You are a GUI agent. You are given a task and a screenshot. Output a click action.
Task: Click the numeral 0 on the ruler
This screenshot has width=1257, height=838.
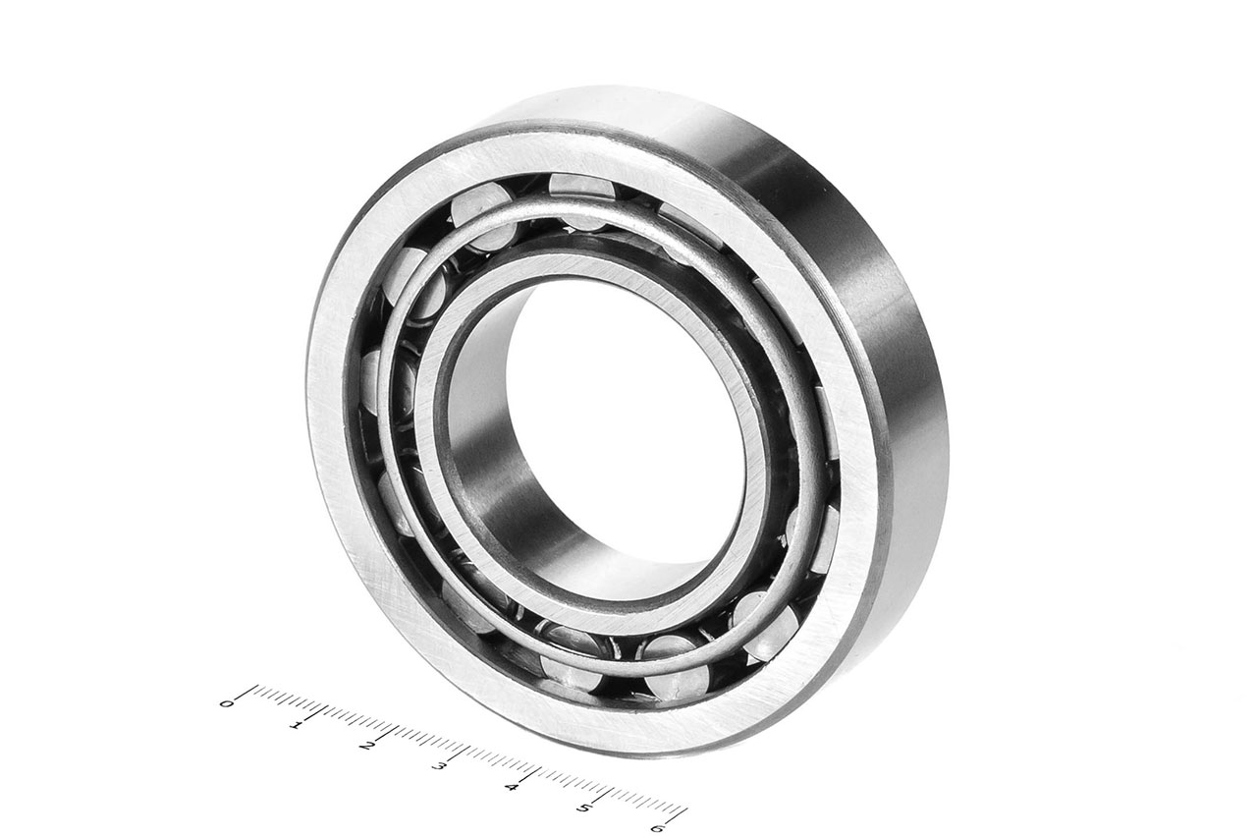[x=226, y=702]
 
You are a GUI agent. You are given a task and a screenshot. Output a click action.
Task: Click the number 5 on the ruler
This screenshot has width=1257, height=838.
[x=584, y=808]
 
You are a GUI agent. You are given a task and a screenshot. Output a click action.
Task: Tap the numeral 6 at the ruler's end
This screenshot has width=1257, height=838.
[x=657, y=828]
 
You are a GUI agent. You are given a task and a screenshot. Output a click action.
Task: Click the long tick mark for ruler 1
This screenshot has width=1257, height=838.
[x=320, y=711]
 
